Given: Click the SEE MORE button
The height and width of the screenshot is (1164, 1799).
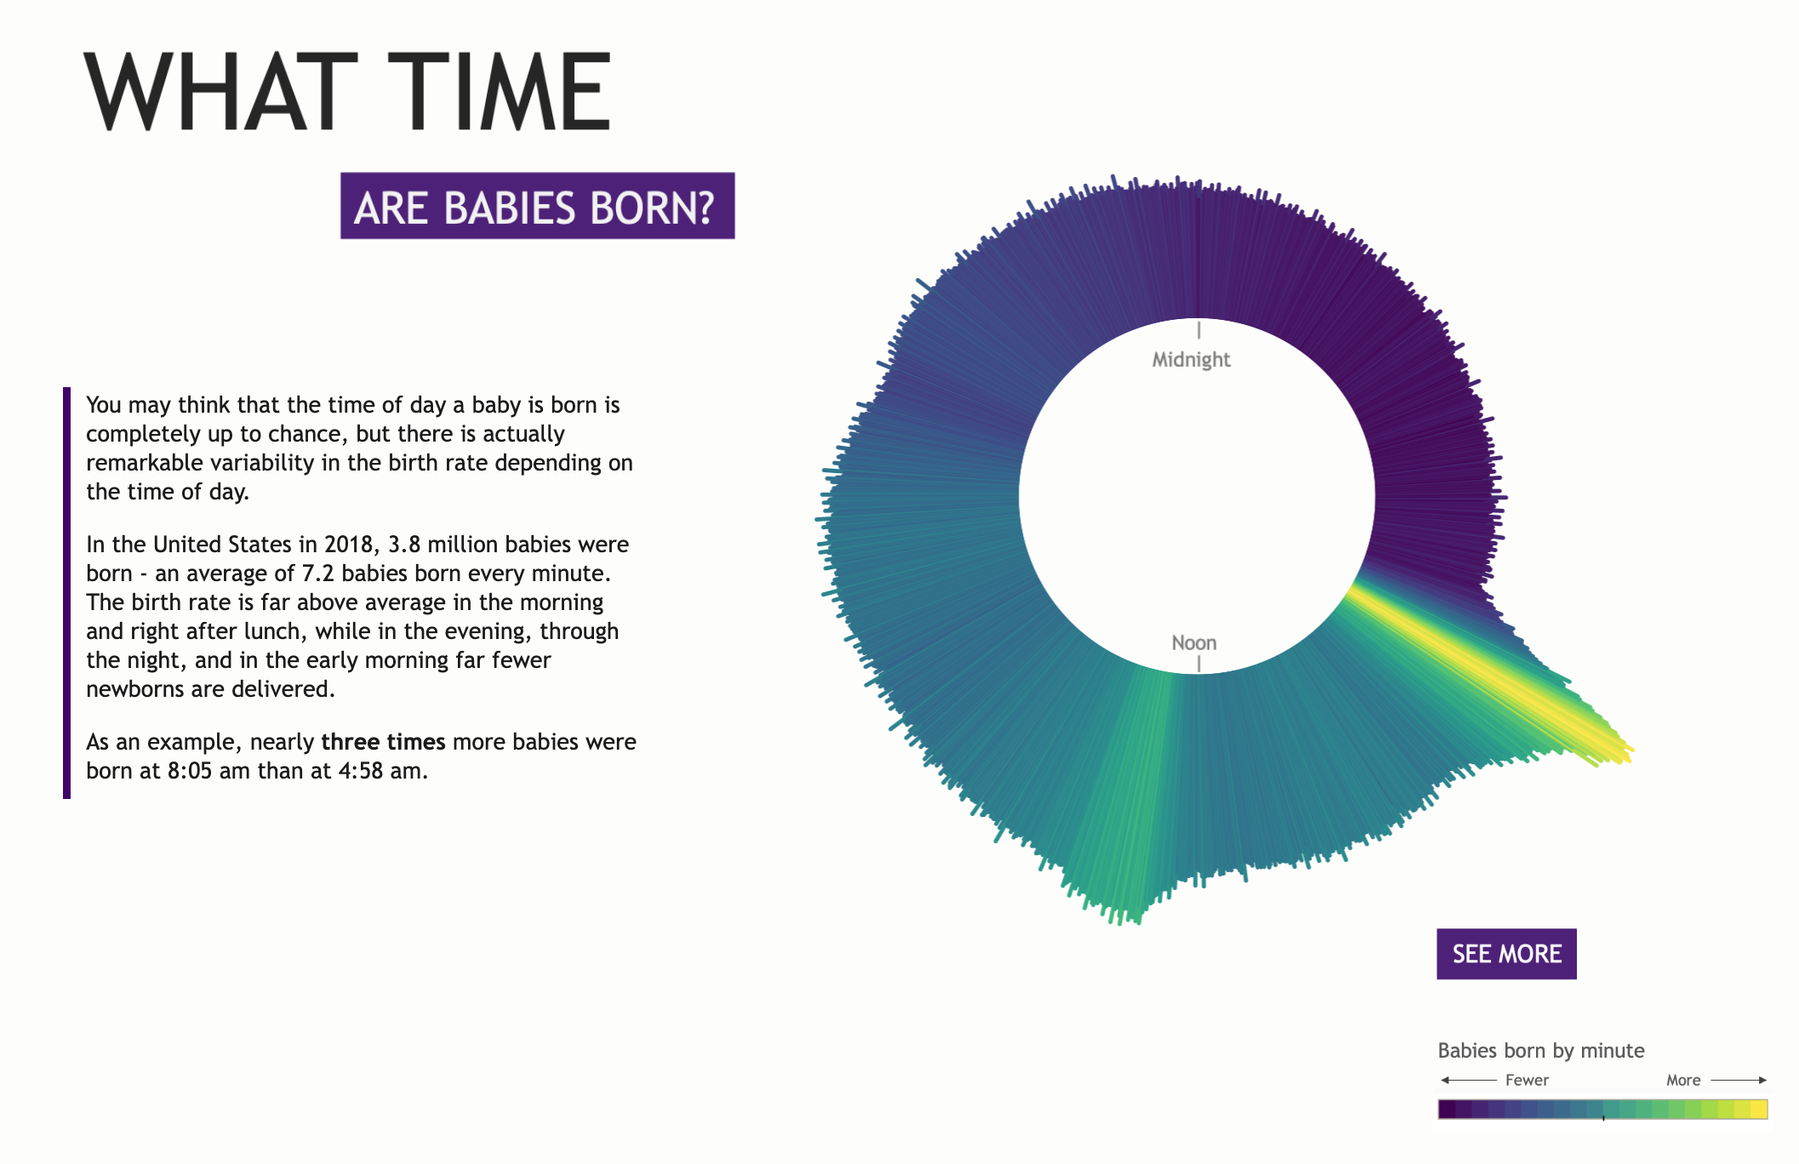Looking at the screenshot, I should pos(1506,954).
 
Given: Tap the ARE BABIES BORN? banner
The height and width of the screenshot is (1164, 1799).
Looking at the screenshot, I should pos(537,206).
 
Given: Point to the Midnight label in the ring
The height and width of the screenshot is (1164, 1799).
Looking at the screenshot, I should pos(1191,359).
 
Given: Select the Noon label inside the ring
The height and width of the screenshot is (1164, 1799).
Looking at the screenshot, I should pos(1194,642).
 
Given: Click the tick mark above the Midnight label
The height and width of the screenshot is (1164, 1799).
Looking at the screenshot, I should pos(1199,330).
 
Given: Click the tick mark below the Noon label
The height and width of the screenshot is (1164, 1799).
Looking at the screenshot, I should pos(1199,664).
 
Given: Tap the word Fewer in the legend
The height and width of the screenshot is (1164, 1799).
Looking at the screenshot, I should pos(1527,1080).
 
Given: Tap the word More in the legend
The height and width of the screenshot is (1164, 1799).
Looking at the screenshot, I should pos(1683,1080).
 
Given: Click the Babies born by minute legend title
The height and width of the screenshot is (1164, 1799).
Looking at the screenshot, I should pos(1540,1051).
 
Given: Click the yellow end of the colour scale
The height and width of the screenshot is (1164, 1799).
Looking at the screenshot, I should pos(1759,1110).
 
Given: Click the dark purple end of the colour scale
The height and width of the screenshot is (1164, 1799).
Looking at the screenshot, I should pos(1447,1110).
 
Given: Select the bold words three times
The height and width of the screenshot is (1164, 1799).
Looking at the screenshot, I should pos(383,742).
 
